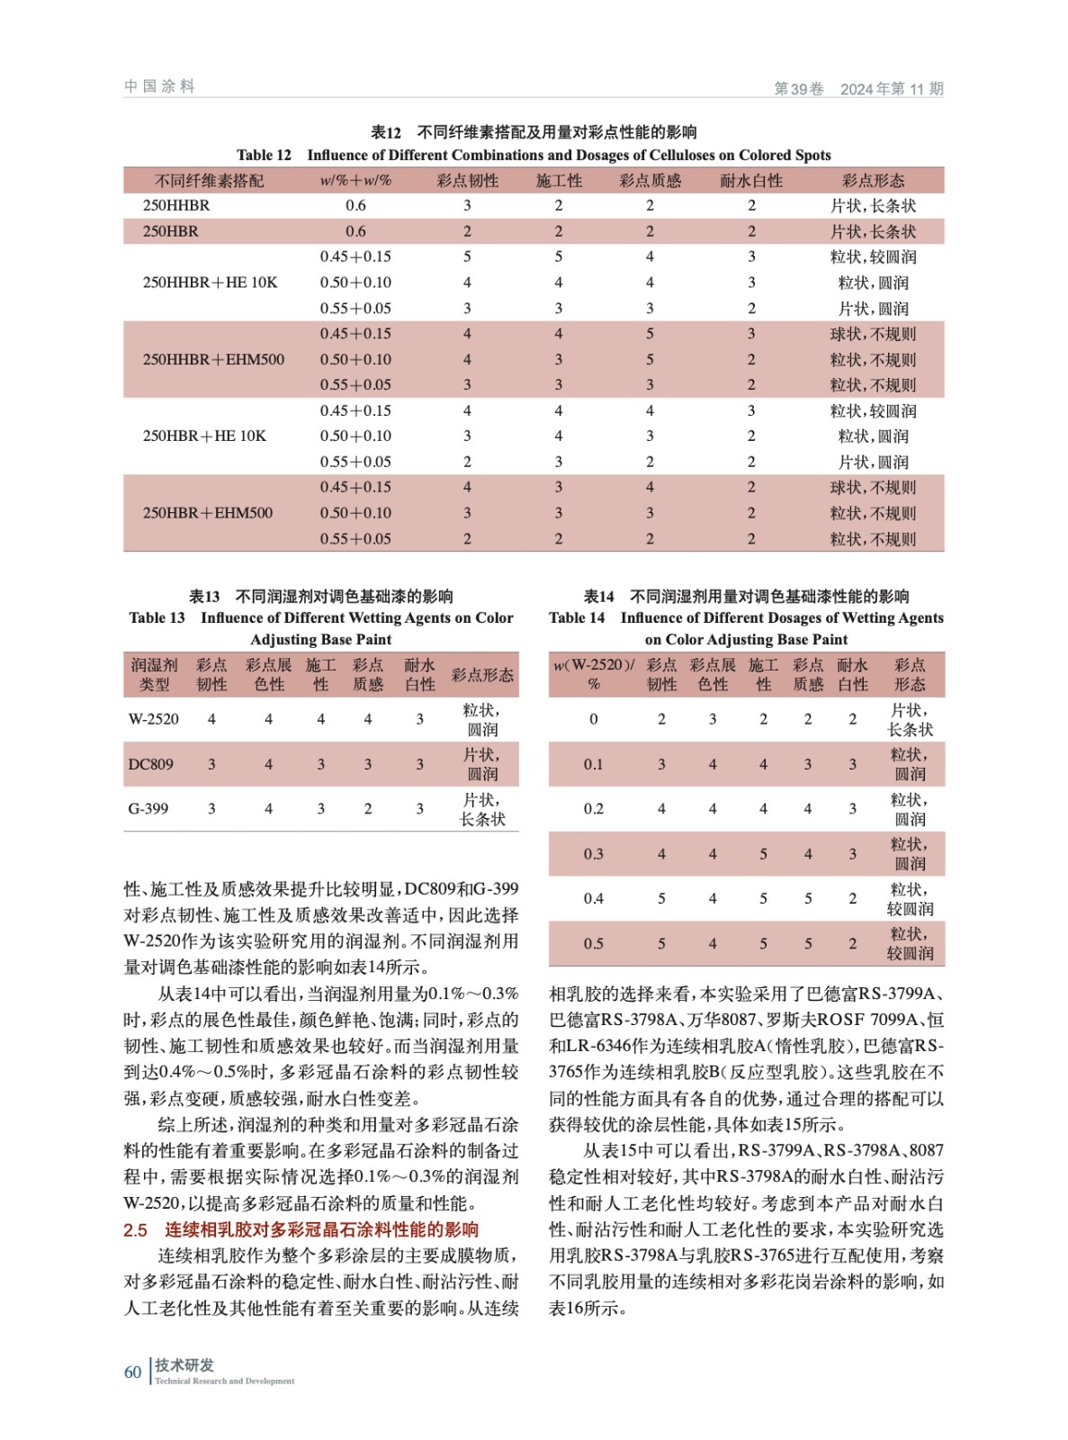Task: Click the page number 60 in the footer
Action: click(132, 1372)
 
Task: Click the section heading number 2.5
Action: click(135, 1229)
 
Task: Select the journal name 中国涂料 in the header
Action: click(159, 86)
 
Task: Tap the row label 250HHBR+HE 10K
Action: click(210, 283)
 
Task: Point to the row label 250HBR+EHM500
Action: click(207, 513)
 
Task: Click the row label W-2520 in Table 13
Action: click(153, 719)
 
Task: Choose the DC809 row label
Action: click(150, 764)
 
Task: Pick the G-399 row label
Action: click(148, 808)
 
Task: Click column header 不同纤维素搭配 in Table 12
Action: click(209, 181)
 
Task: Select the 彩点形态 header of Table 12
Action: click(873, 181)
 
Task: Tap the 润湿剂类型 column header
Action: click(154, 674)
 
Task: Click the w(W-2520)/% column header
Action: click(593, 674)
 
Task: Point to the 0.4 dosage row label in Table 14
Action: click(593, 898)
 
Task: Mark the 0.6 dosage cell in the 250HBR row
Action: click(355, 231)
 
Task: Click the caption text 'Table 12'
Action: click(264, 155)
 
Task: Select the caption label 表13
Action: click(204, 596)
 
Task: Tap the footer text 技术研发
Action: click(184, 1365)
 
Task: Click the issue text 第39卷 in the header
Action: click(798, 88)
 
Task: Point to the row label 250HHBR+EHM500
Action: click(213, 359)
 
